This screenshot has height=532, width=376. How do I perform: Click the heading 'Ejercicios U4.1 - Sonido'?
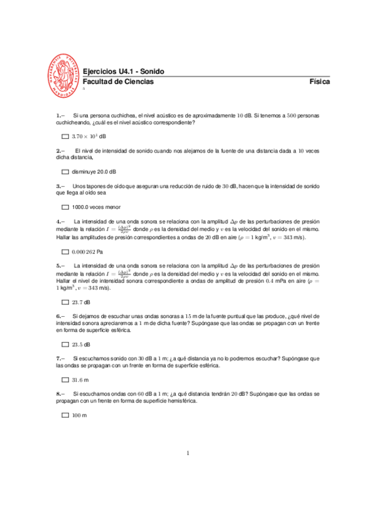[x=120, y=72]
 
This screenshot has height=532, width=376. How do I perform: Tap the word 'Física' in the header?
[x=320, y=82]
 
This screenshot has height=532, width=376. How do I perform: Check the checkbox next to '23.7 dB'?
[x=65, y=302]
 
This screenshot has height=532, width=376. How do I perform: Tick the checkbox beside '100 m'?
[x=65, y=416]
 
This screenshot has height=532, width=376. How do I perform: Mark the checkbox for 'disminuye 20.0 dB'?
[x=65, y=172]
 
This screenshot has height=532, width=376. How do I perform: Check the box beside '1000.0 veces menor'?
[x=65, y=207]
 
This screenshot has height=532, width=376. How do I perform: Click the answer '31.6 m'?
[x=80, y=380]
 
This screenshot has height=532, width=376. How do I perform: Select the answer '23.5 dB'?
[x=81, y=345]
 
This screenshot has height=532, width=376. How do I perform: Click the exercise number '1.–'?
[x=60, y=116]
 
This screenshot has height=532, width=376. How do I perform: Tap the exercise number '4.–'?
[x=60, y=221]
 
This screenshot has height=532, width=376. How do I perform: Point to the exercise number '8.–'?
[x=60, y=394]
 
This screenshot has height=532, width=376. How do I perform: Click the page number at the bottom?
[x=188, y=454]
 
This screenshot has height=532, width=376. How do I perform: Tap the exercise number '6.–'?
[x=60, y=316]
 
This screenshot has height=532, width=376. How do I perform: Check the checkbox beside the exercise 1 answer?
[x=65, y=136]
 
